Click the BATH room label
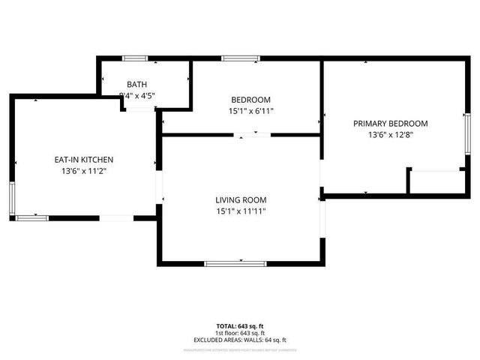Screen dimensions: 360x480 (x=137, y=84)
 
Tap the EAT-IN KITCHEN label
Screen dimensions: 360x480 (x=83, y=159)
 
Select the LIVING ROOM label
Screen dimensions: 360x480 (x=241, y=199)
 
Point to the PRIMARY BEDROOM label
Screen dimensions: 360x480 (x=391, y=124)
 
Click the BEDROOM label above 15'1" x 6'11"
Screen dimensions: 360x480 (x=250, y=100)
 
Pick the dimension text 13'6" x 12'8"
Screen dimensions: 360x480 (x=391, y=136)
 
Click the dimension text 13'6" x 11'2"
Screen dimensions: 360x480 (x=83, y=171)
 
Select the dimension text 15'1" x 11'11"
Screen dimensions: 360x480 (x=241, y=211)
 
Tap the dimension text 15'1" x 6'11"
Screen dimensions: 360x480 (x=250, y=111)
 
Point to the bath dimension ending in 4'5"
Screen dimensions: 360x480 (x=139, y=95)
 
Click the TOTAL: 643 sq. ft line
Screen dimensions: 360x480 (x=240, y=325)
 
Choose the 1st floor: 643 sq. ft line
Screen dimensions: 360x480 (x=240, y=332)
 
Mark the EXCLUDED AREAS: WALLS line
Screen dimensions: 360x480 (x=240, y=340)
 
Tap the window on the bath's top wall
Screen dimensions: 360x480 (x=135, y=58)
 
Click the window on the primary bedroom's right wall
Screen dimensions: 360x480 (x=466, y=133)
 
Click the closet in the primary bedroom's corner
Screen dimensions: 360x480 (x=435, y=182)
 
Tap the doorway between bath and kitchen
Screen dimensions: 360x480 (x=139, y=109)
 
